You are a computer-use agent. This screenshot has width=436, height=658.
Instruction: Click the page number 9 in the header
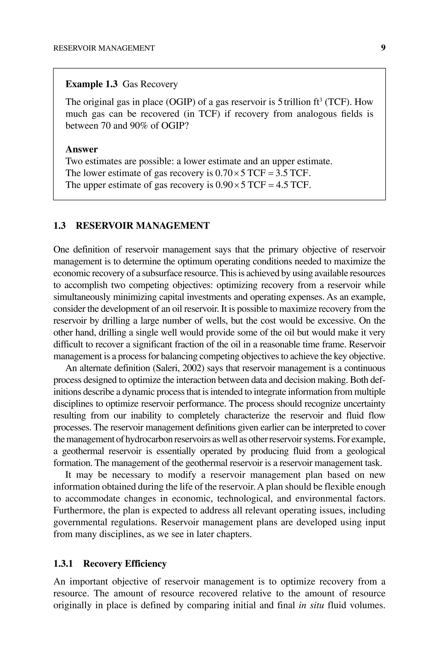click(383, 48)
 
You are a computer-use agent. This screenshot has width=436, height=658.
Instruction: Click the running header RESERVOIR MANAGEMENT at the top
click(104, 48)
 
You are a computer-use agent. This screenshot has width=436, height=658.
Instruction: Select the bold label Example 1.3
click(92, 84)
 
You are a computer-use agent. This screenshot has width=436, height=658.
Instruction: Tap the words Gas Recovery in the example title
click(150, 84)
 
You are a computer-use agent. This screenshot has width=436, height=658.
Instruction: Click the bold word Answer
click(82, 149)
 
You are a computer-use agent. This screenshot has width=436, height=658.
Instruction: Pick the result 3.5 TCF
click(293, 173)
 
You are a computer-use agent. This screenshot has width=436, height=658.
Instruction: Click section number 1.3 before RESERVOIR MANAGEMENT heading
click(60, 225)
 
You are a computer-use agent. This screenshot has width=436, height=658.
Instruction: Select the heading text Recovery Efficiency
click(125, 564)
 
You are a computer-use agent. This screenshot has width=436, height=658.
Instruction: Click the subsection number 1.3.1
click(63, 564)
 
